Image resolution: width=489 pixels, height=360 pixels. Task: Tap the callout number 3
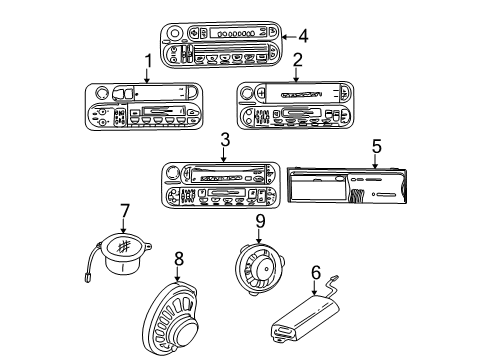pyautogui.click(x=224, y=140)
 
